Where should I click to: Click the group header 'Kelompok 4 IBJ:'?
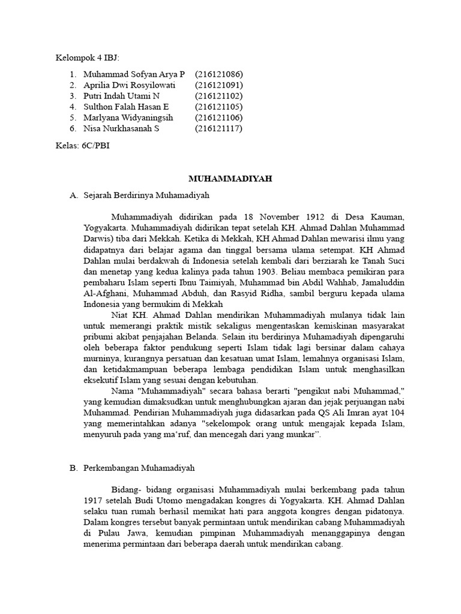(x=87, y=58)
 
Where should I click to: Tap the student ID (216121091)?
(x=218, y=85)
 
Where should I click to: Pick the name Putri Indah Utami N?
(x=122, y=96)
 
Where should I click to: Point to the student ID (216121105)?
(x=218, y=107)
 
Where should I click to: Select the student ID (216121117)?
(x=218, y=128)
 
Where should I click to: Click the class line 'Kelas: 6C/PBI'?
(x=82, y=145)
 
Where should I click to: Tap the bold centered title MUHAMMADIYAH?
(x=230, y=179)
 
